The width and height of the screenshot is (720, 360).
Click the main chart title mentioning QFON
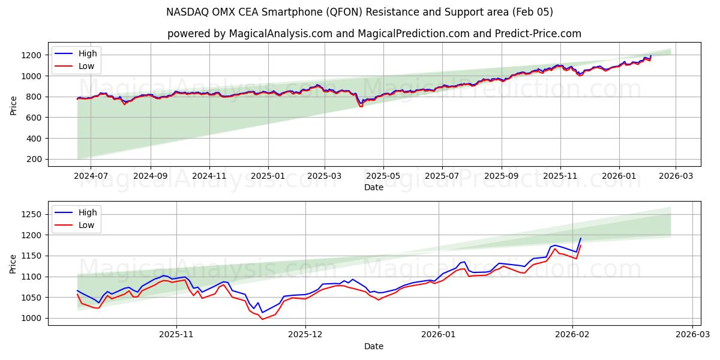coord(359,12)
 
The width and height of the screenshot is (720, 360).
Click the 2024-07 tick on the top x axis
coord(91,177)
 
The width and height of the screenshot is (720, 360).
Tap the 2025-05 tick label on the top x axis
coord(383,177)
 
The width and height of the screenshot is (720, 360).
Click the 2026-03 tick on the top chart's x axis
coord(676,177)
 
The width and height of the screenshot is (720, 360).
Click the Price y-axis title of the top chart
coord(13,104)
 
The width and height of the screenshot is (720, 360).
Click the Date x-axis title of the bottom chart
coord(374,347)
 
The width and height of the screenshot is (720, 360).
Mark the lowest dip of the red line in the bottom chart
coord(262,319)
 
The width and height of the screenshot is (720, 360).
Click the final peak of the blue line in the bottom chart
coord(580,238)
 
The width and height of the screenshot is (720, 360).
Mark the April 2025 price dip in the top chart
coord(361,106)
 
